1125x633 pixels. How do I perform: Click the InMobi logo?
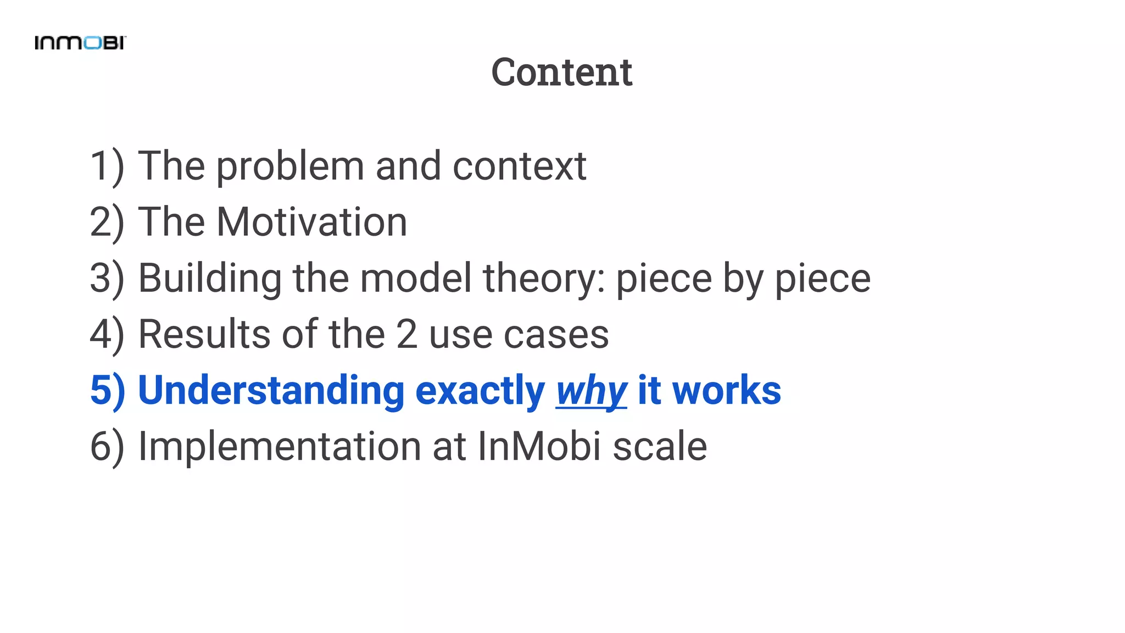coord(80,43)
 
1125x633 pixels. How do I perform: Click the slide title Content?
coord(561,72)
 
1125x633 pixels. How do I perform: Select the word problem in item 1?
coord(289,166)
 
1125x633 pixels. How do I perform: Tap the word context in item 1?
coord(519,166)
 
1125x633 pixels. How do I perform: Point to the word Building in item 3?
coord(209,279)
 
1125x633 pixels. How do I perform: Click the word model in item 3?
coord(415,279)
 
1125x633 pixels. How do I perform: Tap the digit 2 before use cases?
coord(406,335)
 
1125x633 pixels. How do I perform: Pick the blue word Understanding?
coord(271,391)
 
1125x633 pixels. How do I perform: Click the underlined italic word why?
coord(591,391)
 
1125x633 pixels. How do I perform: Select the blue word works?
coord(726,391)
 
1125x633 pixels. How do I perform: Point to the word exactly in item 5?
coord(480,391)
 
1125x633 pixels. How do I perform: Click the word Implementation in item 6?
coord(280,447)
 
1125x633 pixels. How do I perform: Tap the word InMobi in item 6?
coord(539,447)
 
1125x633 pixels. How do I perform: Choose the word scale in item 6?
coord(660,447)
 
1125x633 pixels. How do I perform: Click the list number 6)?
coord(107,447)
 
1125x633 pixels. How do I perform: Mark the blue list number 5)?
coord(107,391)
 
